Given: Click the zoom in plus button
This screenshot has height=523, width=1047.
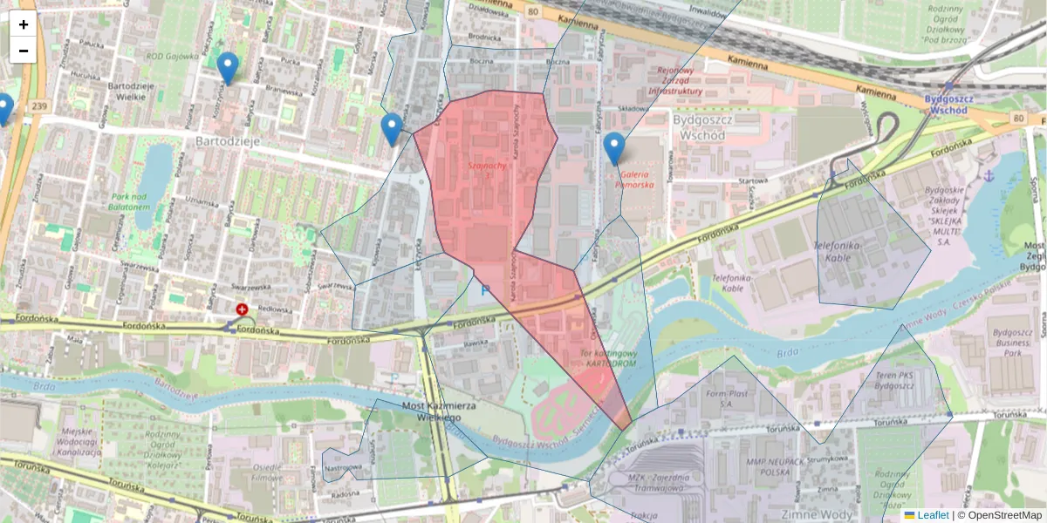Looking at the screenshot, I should click(23, 24).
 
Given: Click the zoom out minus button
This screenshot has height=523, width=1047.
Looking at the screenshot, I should click(23, 51).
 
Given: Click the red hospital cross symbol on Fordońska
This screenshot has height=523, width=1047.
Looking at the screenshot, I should click(242, 309).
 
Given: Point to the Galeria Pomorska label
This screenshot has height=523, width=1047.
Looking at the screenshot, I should click(634, 180).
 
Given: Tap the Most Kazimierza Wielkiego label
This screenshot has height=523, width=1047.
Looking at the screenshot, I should click(439, 411).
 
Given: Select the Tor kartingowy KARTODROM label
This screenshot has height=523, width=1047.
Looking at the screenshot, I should click(608, 357).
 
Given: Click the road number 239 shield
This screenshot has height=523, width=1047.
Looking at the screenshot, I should click(38, 106).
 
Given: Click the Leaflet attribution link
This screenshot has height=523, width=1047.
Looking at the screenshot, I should click(934, 515).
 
